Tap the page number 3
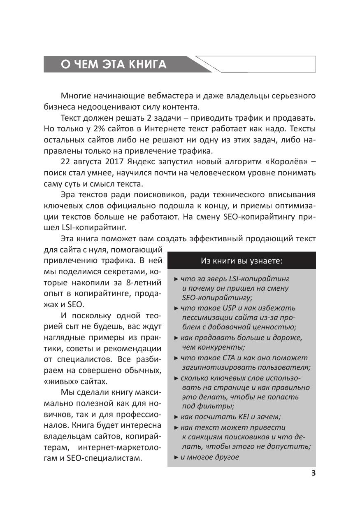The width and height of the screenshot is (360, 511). pos(313,473)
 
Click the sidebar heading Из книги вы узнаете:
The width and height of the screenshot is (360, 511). pos(242,261)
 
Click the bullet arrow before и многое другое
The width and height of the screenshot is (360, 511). pos(176,457)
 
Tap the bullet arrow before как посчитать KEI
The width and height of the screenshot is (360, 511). pos(176,417)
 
